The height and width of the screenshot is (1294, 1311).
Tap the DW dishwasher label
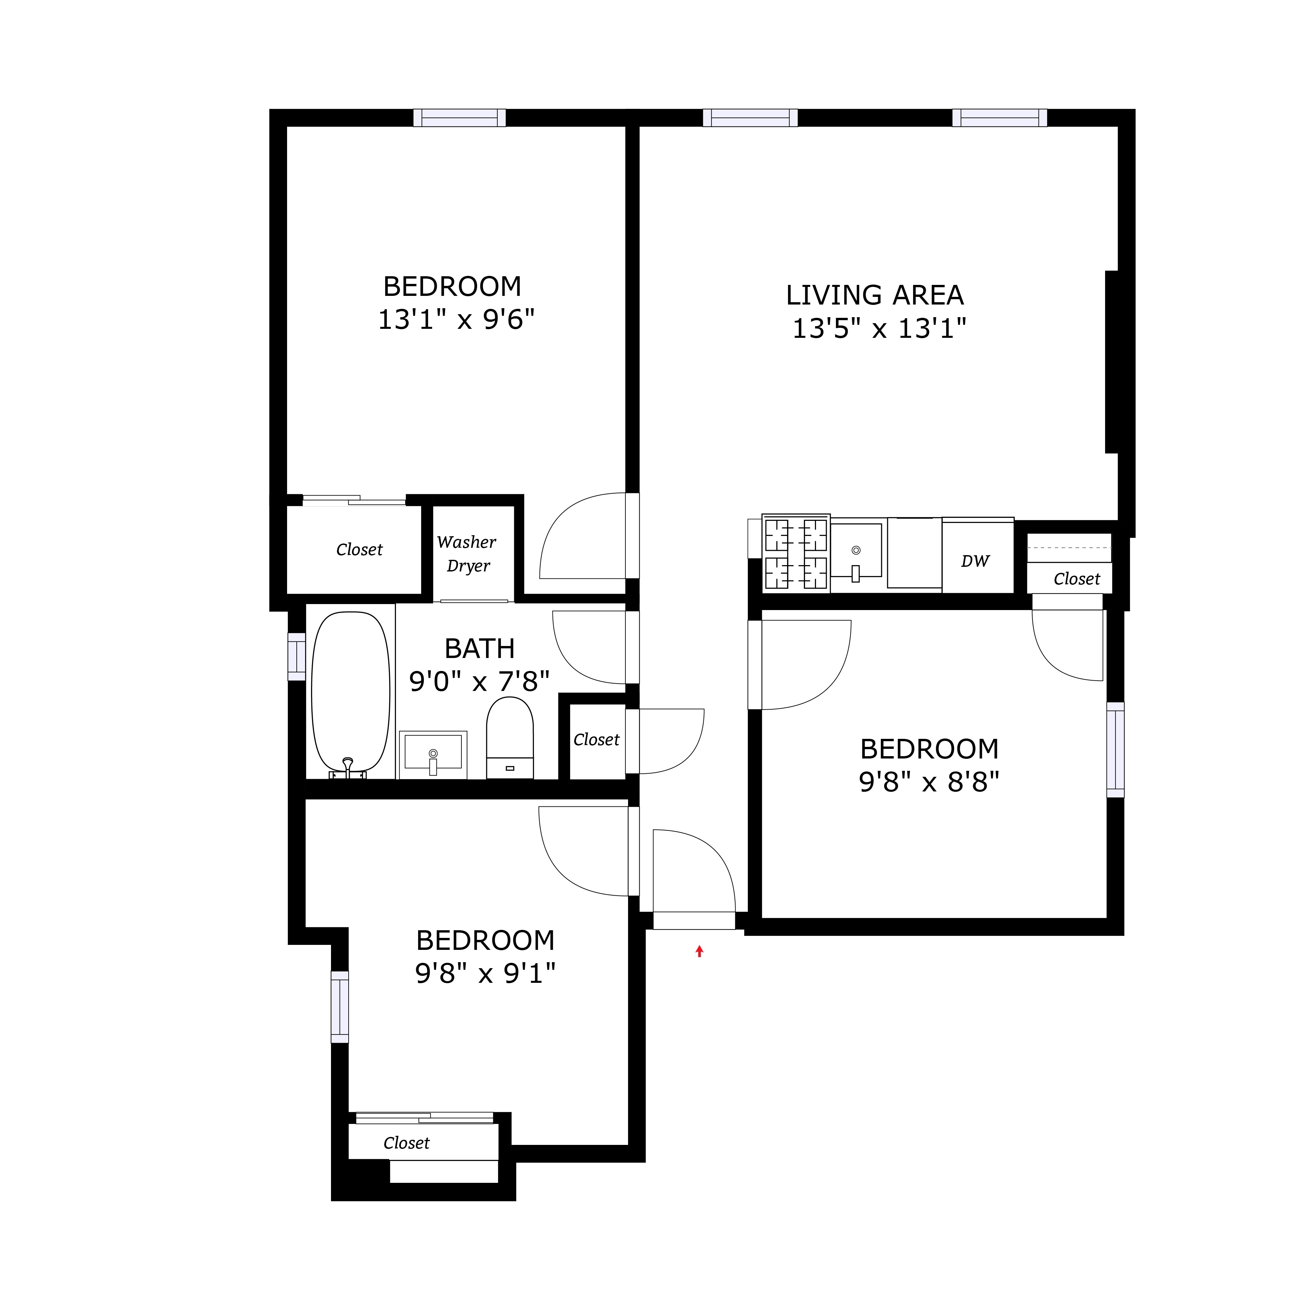[975, 561]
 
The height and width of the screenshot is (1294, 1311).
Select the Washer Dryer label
[467, 553]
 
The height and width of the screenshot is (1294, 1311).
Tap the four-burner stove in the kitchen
[796, 553]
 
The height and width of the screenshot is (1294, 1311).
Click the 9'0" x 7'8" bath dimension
[479, 681]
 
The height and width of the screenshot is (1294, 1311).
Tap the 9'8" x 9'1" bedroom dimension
[485, 973]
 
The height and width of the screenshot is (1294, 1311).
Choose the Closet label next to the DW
[1076, 579]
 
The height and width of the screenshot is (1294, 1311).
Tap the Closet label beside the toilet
[596, 739]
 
